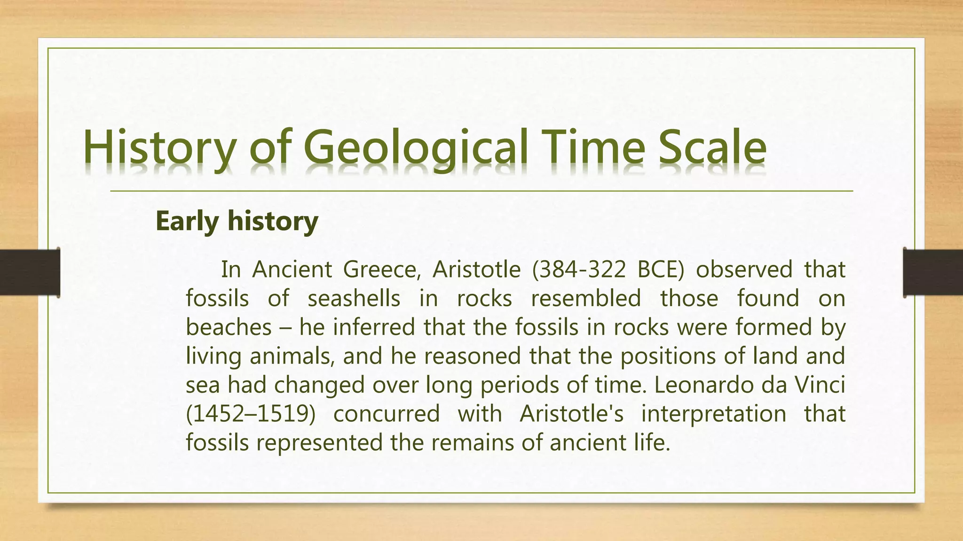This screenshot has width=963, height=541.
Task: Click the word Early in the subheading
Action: click(187, 221)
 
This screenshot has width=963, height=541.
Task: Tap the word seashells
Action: click(354, 298)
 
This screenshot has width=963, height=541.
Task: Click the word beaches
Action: click(229, 327)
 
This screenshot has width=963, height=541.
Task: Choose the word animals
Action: click(292, 356)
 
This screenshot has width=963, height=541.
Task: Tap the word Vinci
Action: click(820, 385)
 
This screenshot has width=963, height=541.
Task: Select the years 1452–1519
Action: click(250, 414)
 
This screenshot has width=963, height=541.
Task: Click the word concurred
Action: click(387, 414)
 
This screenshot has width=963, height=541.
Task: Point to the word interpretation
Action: click(713, 414)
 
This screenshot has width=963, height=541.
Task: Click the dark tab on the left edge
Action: click(30, 272)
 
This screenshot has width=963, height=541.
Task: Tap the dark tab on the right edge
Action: click(933, 272)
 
